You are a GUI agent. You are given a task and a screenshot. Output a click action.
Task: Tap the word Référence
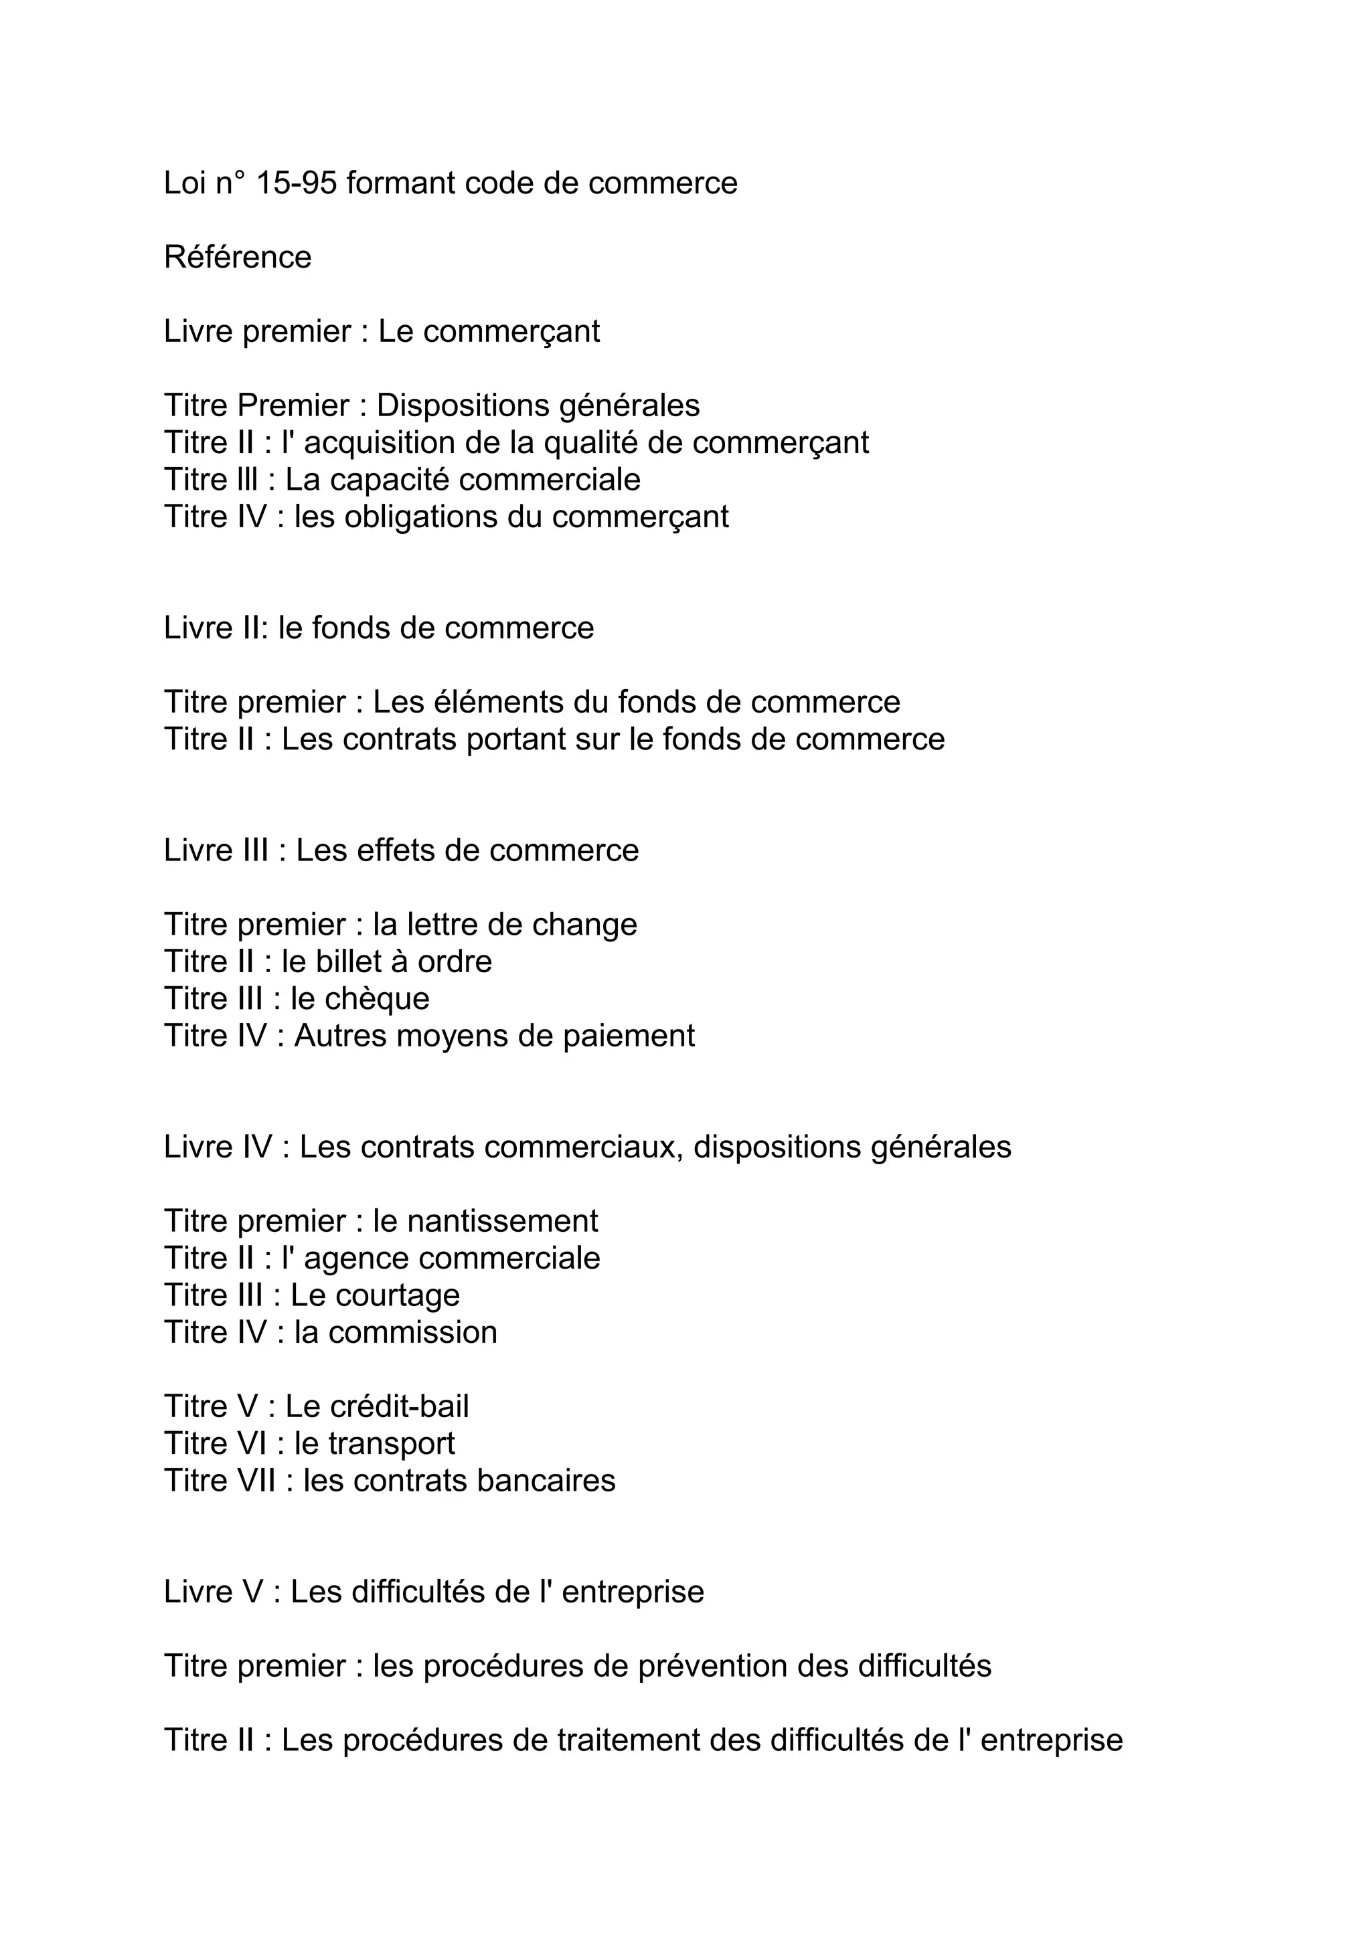coord(238,257)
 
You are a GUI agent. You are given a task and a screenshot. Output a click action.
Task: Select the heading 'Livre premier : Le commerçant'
coord(381,331)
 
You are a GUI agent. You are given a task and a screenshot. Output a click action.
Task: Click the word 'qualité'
coord(590,442)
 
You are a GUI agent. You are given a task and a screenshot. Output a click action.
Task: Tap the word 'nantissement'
coord(502,1221)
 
